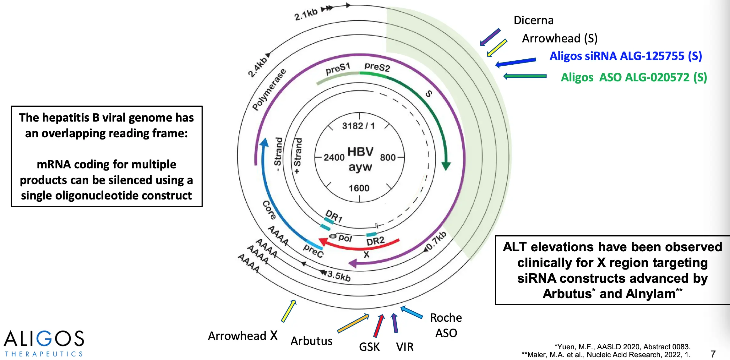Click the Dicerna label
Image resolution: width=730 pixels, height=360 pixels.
pyautogui.click(x=533, y=20)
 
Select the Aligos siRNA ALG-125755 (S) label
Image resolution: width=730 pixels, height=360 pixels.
pyautogui.click(x=626, y=56)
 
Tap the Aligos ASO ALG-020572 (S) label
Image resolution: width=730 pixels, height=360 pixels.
pyautogui.click(x=634, y=77)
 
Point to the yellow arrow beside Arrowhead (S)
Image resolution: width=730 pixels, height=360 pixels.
pyautogui.click(x=497, y=48)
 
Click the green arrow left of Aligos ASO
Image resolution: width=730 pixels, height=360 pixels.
pyautogui.click(x=525, y=76)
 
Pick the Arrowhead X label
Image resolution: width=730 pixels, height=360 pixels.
pyautogui.click(x=242, y=336)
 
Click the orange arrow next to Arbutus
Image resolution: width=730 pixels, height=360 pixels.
pyautogui.click(x=353, y=323)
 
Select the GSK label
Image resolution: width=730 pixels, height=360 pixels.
pyautogui.click(x=369, y=347)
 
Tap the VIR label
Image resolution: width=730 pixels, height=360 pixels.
pyautogui.click(x=405, y=347)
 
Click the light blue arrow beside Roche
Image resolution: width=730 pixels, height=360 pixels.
pyautogui.click(x=411, y=312)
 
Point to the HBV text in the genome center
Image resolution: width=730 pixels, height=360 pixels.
pyautogui.click(x=360, y=152)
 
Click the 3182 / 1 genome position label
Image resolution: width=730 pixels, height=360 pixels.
pyautogui.click(x=358, y=126)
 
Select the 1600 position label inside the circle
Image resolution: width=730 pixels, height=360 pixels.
pyautogui.click(x=359, y=188)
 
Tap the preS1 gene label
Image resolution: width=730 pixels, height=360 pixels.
pyautogui.click(x=338, y=69)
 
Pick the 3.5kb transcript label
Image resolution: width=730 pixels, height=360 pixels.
pyautogui.click(x=339, y=276)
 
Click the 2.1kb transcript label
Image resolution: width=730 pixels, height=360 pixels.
pyautogui.click(x=306, y=14)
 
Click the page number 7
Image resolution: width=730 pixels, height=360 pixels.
pyautogui.click(x=713, y=354)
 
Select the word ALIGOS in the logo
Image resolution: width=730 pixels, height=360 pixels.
pyautogui.click(x=44, y=338)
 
